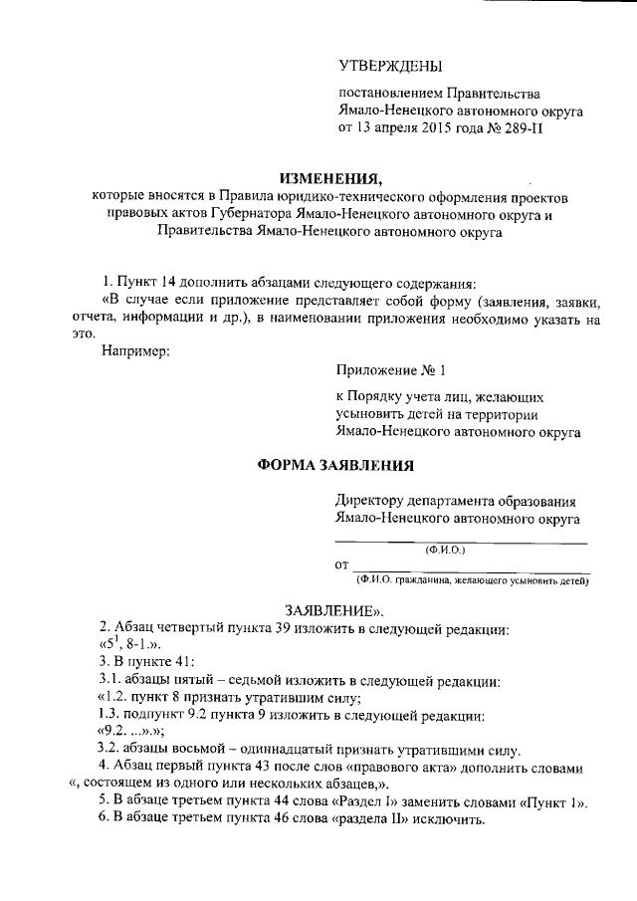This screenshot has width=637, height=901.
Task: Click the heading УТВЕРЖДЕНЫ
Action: click(389, 67)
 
